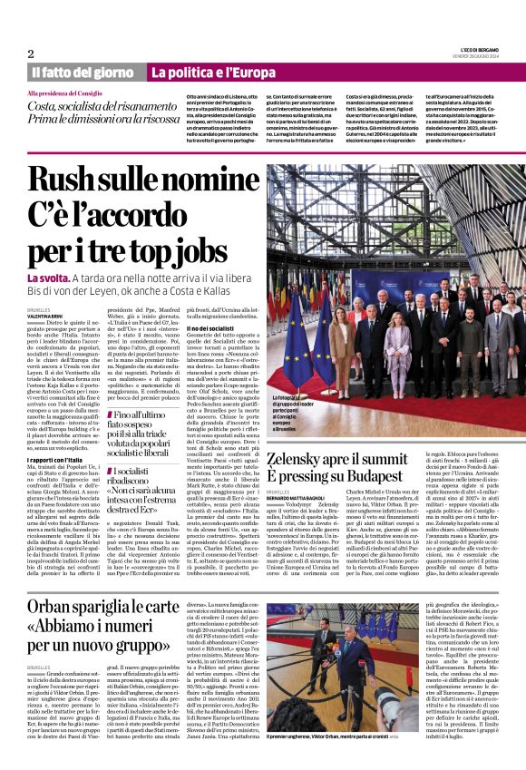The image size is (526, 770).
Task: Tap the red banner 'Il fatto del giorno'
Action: coord(83,72)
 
